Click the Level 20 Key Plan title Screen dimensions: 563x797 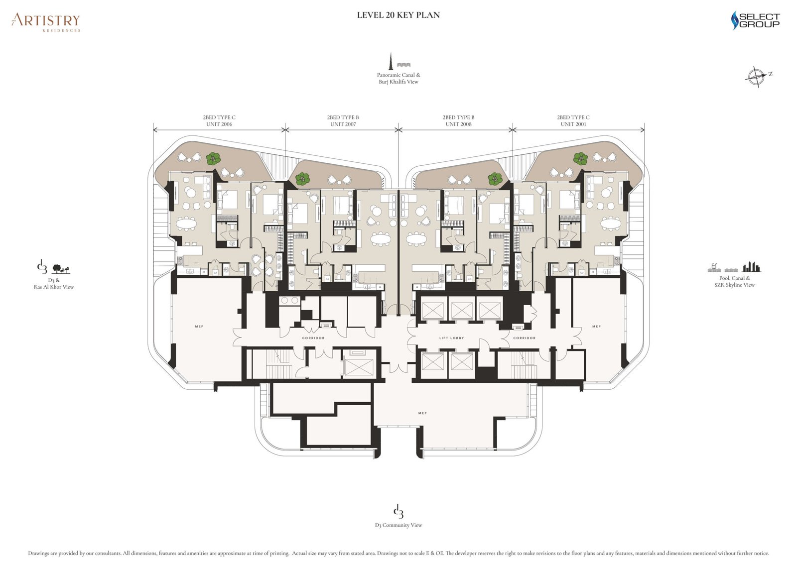(x=398, y=15)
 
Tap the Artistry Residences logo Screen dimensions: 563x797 (x=46, y=21)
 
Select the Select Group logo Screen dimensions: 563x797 (x=755, y=20)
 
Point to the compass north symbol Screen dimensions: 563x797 (x=757, y=77)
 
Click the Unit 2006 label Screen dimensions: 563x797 (x=219, y=124)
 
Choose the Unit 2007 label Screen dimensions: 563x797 (x=343, y=124)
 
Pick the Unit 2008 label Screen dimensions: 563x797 (x=458, y=124)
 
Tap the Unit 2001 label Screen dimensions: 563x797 (x=573, y=124)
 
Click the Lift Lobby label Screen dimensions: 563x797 (x=451, y=338)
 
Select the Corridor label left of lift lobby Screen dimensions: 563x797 (x=313, y=338)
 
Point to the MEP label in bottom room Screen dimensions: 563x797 (x=422, y=413)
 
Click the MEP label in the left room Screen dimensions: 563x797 (x=199, y=327)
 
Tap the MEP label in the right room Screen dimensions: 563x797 (x=596, y=327)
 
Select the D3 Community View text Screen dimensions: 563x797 (x=398, y=525)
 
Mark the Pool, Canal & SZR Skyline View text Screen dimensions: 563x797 (x=734, y=281)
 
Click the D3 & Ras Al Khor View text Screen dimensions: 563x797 (x=54, y=283)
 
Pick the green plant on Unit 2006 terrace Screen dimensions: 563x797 (x=213, y=158)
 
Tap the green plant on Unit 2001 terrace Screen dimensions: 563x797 (x=580, y=158)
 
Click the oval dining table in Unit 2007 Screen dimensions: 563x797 (x=381, y=239)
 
